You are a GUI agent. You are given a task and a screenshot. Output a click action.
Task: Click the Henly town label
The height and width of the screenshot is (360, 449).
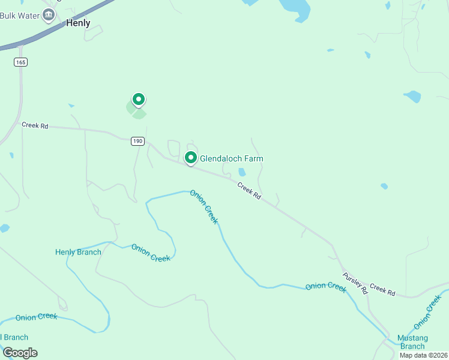pyautogui.click(x=78, y=23)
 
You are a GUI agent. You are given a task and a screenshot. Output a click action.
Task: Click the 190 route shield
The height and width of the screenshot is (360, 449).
pyautogui.click(x=137, y=140)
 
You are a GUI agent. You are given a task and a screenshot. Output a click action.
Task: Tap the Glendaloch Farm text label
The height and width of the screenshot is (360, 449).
pyautogui.click(x=231, y=158)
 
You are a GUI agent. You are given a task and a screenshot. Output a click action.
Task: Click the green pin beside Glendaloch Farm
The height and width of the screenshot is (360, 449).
pyautogui.click(x=191, y=158)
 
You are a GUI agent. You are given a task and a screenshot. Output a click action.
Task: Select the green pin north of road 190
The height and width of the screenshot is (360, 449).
pyautogui.click(x=139, y=99)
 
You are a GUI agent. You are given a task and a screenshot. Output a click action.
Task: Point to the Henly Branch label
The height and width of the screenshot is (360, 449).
pyautogui.click(x=78, y=252)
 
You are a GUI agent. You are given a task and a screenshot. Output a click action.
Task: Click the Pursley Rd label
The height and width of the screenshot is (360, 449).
pyautogui.click(x=355, y=283)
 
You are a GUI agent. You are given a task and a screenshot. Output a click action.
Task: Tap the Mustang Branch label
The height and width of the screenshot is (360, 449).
pyautogui.click(x=412, y=342)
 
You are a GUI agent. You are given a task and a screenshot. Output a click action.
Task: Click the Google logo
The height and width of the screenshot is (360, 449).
pyautogui.click(x=20, y=352)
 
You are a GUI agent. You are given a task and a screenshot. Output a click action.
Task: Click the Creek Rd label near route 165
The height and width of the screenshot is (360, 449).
pyautogui.click(x=34, y=125)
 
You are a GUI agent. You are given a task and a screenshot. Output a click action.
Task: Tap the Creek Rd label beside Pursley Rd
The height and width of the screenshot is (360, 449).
pyautogui.click(x=382, y=289)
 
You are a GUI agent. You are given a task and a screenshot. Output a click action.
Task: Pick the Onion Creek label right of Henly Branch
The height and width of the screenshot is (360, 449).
pyautogui.click(x=151, y=253)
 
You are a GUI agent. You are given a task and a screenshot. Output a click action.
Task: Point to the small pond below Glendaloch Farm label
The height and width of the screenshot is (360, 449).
pyautogui.click(x=242, y=172)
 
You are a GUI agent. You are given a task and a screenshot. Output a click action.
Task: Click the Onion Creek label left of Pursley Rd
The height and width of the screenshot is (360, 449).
pyautogui.click(x=326, y=286)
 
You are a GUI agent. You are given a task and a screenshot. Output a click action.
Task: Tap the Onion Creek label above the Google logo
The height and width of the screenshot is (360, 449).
pyautogui.click(x=37, y=316)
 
